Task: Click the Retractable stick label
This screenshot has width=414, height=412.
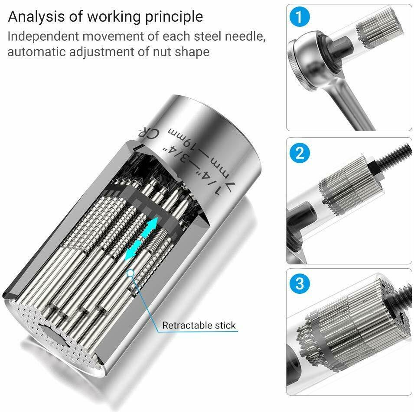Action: coord(199,325)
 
